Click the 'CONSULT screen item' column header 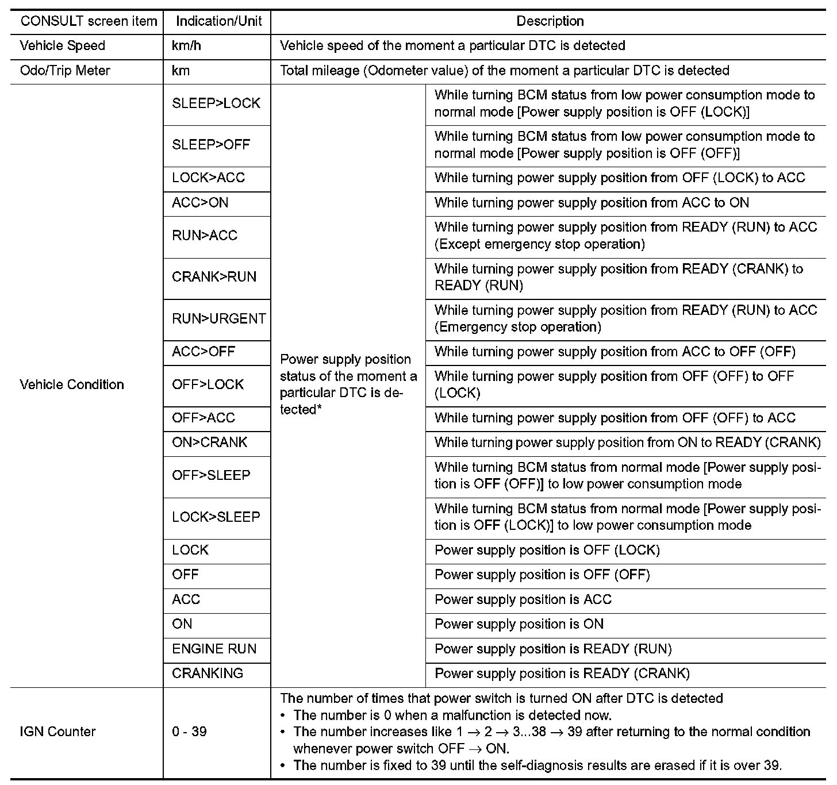(89, 22)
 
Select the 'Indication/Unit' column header (218, 22)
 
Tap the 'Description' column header (550, 22)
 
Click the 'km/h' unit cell (186, 46)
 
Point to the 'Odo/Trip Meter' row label (65, 71)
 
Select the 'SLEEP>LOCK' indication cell (216, 103)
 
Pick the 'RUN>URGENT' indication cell (219, 319)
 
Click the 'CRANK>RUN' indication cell (214, 277)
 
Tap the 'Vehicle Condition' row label (72, 384)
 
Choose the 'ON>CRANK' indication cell (209, 442)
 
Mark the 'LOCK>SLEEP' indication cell (216, 517)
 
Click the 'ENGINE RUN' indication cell (214, 649)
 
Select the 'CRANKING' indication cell (208, 674)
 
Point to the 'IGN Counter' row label (57, 732)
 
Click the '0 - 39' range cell (189, 732)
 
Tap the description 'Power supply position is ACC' (523, 599)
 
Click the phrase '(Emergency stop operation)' (518, 327)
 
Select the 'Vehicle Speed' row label (63, 46)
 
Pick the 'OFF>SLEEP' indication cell (211, 476)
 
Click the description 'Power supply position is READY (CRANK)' (562, 674)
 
